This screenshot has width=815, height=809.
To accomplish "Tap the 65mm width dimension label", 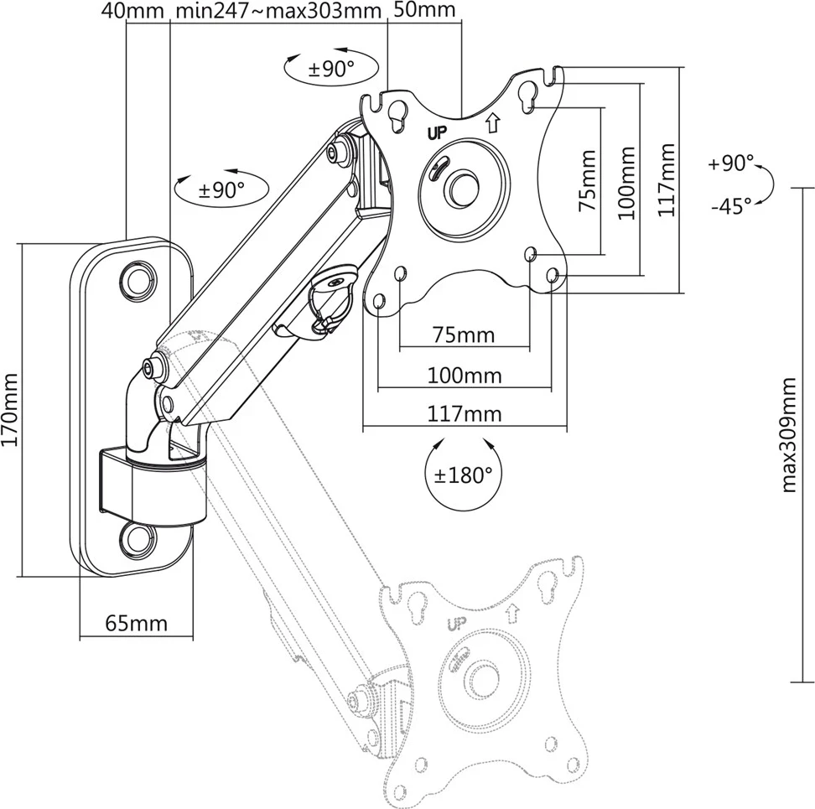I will [x=136, y=624].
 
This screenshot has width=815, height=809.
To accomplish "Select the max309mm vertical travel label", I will [x=789, y=434].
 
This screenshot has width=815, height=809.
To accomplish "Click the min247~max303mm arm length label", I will [x=279, y=10].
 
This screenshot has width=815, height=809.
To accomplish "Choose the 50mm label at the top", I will [x=424, y=10].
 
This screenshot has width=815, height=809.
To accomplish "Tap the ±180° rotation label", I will [x=463, y=475].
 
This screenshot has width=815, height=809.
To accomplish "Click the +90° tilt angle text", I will [x=730, y=163].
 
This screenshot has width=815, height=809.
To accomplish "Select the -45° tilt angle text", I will [x=729, y=206].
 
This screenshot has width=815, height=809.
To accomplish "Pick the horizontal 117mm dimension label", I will [x=465, y=413].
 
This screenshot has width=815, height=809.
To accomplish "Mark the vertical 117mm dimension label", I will [x=667, y=179].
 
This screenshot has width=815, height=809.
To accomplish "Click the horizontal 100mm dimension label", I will [x=465, y=375].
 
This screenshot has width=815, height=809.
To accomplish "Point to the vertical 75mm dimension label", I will [x=587, y=179].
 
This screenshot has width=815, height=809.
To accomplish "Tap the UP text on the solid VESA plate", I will [x=437, y=132].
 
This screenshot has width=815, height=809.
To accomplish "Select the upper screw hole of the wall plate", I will [x=136, y=277].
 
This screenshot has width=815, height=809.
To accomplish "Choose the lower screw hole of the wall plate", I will [x=136, y=537].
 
